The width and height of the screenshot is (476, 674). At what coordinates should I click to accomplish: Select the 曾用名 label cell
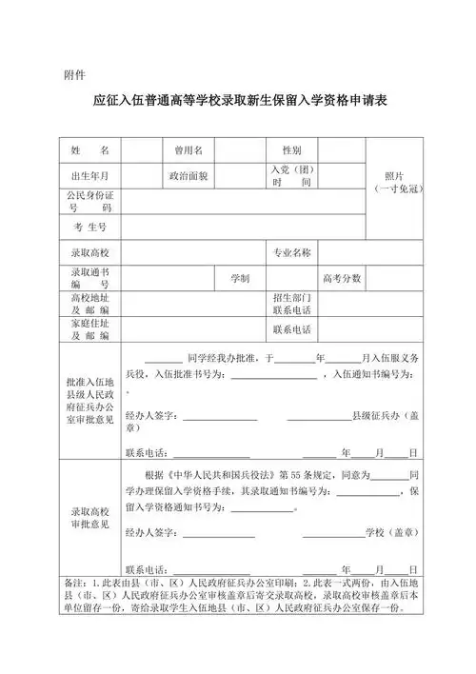[188, 150]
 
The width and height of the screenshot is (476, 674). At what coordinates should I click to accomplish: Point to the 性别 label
[291, 150]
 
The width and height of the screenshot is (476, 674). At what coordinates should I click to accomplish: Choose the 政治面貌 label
[188, 176]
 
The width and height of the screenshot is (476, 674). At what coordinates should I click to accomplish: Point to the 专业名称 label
[292, 252]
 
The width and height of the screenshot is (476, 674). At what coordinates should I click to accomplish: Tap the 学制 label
[240, 278]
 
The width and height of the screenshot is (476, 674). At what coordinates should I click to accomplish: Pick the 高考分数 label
[342, 278]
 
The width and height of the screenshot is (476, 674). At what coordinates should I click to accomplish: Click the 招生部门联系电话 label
[292, 304]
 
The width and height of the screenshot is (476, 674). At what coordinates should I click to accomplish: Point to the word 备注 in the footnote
[73, 582]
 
